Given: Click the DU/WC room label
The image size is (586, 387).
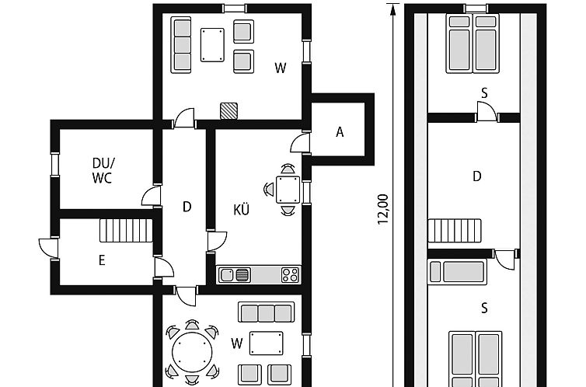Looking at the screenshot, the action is (103, 170).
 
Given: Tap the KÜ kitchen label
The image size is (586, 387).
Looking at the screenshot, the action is (241, 209).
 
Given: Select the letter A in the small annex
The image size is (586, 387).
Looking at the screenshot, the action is (340, 132).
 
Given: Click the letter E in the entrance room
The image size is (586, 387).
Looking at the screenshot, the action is (102, 260).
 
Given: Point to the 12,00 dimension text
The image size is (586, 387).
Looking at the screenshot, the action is (383, 209).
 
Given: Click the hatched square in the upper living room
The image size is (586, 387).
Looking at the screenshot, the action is (228, 111).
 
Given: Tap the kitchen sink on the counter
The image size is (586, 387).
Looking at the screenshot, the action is (235, 275).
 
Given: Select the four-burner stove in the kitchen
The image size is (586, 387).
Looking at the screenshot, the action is (291, 275).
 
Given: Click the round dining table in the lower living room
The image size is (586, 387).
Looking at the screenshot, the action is (192, 352).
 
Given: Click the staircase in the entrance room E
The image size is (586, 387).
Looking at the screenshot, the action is (127, 231).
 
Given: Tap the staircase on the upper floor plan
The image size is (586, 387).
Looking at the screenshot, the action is (455, 231).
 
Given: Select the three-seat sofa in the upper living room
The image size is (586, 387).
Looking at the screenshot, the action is (181, 45).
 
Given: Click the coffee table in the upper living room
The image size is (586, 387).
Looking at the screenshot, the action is (212, 45).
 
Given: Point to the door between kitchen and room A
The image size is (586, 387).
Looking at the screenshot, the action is (301, 143).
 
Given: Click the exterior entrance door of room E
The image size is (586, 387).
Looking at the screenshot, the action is (49, 248).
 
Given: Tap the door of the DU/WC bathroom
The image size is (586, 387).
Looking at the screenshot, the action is (152, 196).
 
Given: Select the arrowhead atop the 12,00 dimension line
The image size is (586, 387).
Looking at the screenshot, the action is (392, 9).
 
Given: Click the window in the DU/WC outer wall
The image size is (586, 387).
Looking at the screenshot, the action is (55, 165).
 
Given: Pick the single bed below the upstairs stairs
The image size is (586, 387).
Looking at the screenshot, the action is (458, 271).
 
